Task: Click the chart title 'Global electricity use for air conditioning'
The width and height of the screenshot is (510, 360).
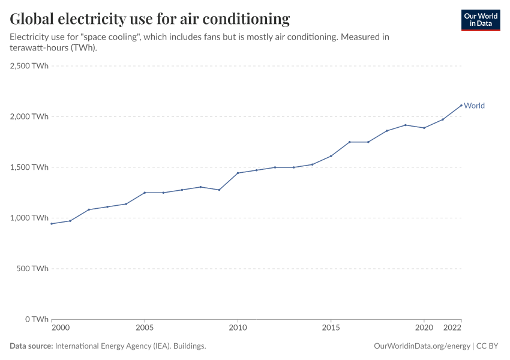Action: (150, 19)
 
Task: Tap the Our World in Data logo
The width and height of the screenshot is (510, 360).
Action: (480, 20)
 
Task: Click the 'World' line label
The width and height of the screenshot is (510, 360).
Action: (474, 106)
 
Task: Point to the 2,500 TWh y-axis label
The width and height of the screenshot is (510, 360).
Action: (29, 66)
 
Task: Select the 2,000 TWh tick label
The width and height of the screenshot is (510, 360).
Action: (29, 116)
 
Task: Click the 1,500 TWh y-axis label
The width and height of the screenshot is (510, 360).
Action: (29, 167)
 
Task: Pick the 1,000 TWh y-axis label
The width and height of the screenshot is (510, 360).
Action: (29, 218)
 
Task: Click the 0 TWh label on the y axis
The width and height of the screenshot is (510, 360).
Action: (36, 319)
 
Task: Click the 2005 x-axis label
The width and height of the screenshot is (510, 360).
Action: (145, 328)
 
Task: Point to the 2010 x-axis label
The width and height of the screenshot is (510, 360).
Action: (238, 328)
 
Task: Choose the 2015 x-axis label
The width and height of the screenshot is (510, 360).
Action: (331, 328)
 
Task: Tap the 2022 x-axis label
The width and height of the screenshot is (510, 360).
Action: (452, 328)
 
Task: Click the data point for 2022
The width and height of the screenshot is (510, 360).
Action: (461, 106)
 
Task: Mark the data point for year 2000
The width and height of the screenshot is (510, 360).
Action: (52, 224)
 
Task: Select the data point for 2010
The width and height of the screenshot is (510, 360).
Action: (238, 173)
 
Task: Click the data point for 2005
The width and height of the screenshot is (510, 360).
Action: (145, 193)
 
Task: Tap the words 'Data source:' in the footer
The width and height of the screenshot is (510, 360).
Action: (31, 346)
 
